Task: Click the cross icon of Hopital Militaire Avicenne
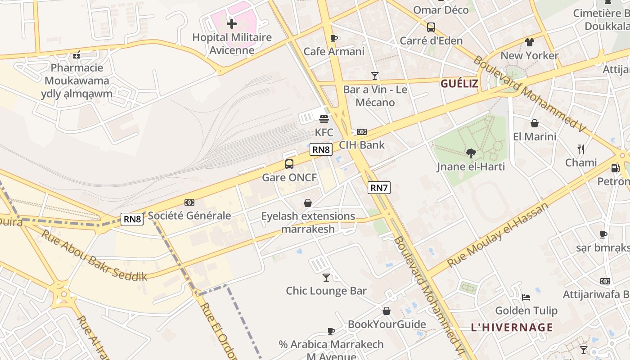[x=232, y=23]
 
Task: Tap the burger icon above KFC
[x=324, y=119]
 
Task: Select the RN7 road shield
[x=378, y=188]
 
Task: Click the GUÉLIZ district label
[x=459, y=83]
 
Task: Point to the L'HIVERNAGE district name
[x=512, y=327]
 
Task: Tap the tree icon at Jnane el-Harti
[x=471, y=153]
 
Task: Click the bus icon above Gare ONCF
[x=289, y=164]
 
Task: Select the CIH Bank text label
[x=362, y=145]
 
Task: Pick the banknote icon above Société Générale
[x=189, y=202]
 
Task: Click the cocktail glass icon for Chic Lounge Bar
[x=326, y=278]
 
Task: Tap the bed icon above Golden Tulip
[x=526, y=297]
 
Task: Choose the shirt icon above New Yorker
[x=529, y=42]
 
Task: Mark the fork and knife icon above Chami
[x=581, y=149]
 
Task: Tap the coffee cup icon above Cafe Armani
[x=333, y=38]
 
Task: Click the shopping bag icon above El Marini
[x=535, y=123]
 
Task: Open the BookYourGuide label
[x=387, y=324]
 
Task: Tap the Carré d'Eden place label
[x=431, y=41]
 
